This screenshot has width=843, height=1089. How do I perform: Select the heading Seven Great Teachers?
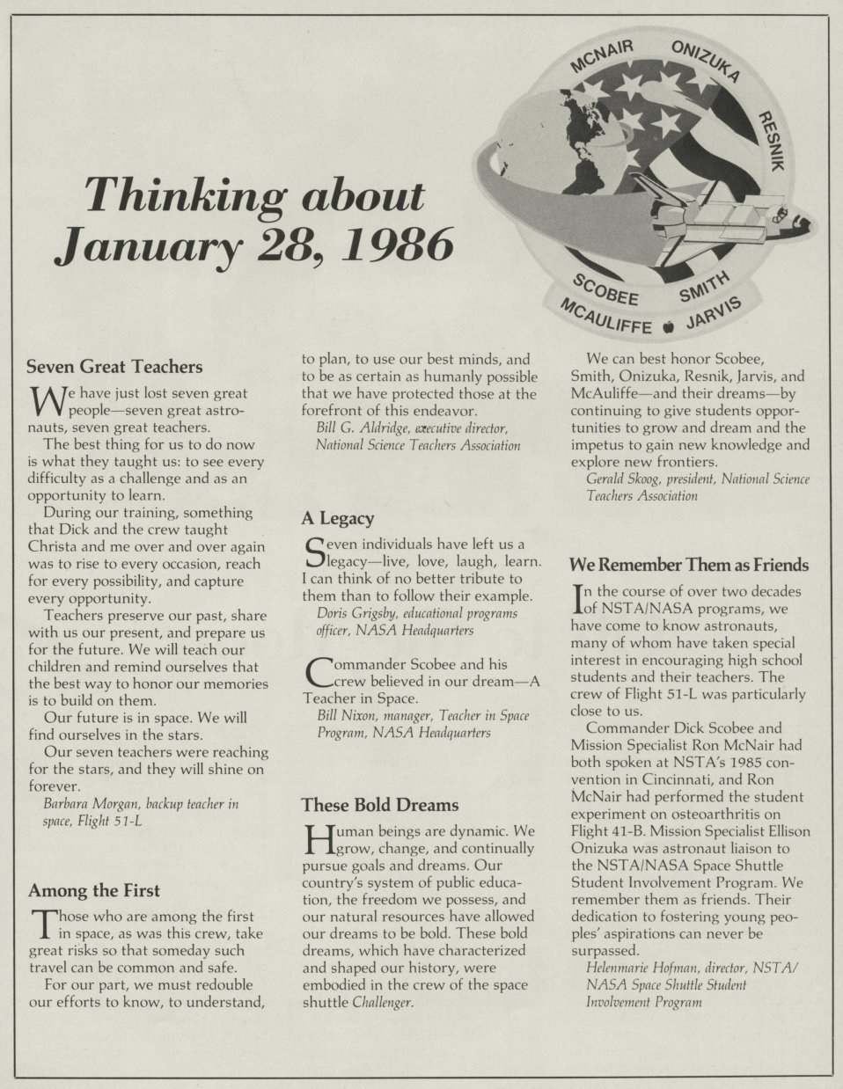click(x=114, y=366)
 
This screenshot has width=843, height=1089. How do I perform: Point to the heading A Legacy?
click(x=337, y=518)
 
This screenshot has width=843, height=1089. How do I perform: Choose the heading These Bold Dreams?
click(x=379, y=804)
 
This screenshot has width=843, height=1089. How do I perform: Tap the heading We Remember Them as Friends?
click(x=689, y=565)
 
